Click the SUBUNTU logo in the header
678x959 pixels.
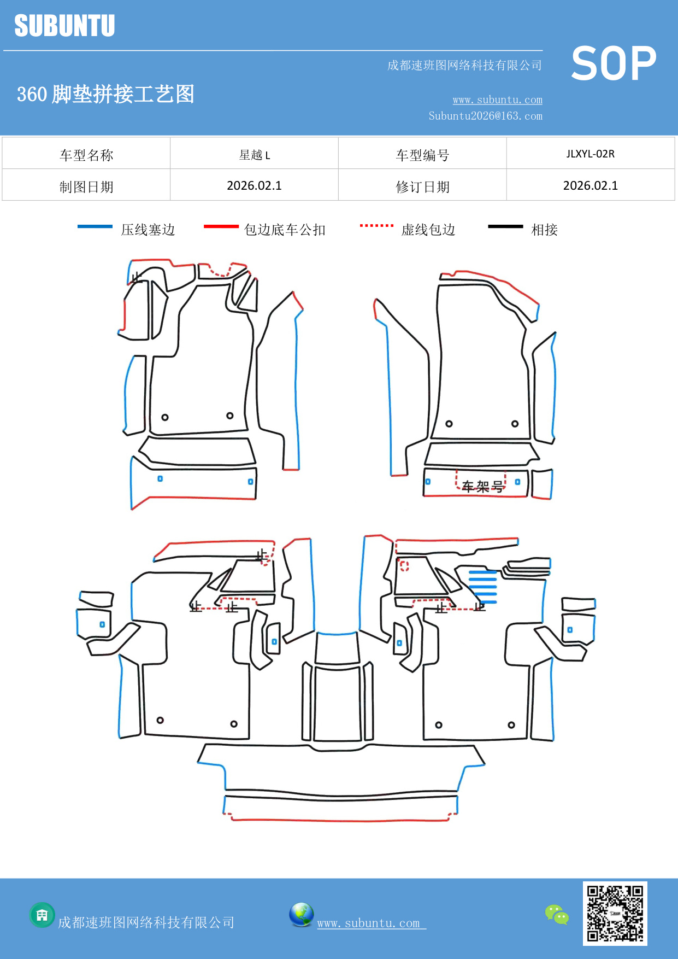tap(64, 26)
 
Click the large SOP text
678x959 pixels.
tap(613, 64)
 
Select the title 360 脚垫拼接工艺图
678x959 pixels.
tap(105, 94)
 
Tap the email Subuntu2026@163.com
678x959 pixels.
tap(485, 116)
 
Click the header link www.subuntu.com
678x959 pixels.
tap(497, 100)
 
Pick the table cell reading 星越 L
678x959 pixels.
tap(254, 155)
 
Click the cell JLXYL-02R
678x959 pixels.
tap(590, 154)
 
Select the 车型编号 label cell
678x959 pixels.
tap(422, 155)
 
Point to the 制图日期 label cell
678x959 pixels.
tap(86, 187)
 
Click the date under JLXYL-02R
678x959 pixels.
tap(590, 186)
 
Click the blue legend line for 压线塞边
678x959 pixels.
tap(95, 226)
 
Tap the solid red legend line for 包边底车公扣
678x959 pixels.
tap(221, 226)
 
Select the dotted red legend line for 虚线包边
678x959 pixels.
tap(376, 225)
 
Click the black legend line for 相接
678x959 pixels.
tap(505, 226)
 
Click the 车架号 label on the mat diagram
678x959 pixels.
tap(482, 486)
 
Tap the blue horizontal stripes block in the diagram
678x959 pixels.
tap(483, 587)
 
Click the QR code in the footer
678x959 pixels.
tap(615, 913)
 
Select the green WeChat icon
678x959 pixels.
tap(557, 914)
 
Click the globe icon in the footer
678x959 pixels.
tap(301, 915)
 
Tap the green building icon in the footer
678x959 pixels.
tap(42, 915)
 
